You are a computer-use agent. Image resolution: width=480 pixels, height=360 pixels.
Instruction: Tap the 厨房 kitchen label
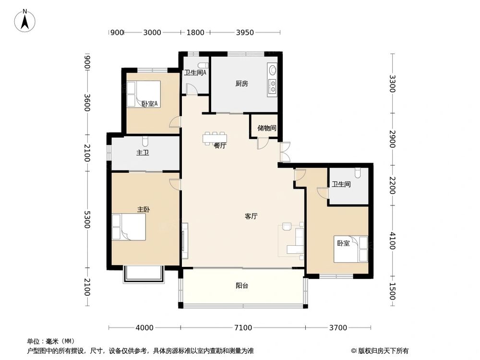241,84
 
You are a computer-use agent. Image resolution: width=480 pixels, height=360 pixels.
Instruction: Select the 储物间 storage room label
266,128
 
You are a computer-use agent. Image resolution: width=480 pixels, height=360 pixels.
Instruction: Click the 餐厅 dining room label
220,146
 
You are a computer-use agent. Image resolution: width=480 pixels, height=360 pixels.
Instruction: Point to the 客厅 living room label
251,216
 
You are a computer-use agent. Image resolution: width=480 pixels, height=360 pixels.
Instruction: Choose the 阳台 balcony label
242,286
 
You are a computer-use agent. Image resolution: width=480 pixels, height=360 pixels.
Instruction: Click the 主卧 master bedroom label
144,210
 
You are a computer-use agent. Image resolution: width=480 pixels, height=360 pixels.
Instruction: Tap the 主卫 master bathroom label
142,153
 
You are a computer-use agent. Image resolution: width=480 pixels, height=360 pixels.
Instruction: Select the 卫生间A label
195,73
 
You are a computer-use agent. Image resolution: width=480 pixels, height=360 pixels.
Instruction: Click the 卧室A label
150,103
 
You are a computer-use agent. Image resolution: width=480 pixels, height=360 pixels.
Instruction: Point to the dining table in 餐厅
214,138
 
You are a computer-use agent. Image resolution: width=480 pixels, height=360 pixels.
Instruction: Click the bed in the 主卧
129,227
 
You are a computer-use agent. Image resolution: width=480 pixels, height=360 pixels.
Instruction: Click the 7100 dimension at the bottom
243,328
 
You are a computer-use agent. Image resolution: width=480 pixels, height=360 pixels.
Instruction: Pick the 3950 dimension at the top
245,33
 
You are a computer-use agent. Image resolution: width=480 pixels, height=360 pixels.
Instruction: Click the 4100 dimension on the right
392,240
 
